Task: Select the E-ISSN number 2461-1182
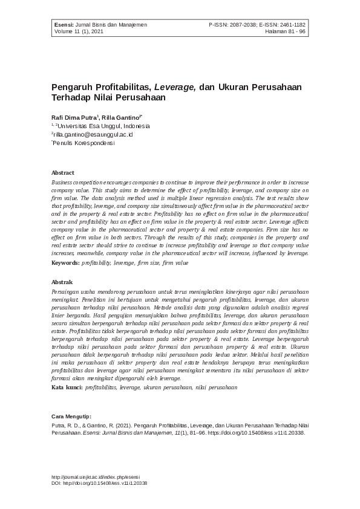click(291, 25)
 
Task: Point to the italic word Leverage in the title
click(174, 86)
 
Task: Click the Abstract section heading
click(63, 173)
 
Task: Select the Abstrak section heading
click(62, 282)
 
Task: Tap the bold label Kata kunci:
click(67, 386)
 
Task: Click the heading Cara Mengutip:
click(71, 417)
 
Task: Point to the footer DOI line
click(99, 484)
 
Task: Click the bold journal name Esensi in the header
click(62, 25)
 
